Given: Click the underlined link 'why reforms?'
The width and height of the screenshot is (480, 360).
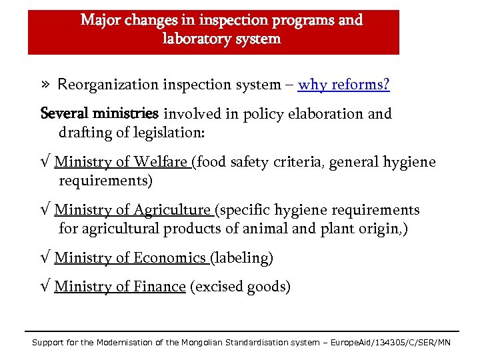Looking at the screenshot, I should pos(343,85).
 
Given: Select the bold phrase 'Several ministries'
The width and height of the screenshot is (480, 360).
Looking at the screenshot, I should pos(99,114).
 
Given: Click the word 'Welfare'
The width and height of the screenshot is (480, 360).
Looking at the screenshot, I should pos(161,162).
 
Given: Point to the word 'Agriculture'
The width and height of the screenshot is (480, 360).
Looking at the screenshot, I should pos(172,211).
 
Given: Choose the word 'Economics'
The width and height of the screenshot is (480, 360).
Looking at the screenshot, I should pos(169,258).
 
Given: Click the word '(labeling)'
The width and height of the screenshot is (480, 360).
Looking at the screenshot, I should pos(241,258).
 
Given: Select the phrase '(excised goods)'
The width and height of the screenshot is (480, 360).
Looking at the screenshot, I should pos(240,287).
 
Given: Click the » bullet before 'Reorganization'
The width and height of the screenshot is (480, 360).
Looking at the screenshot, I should pos(45,85).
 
